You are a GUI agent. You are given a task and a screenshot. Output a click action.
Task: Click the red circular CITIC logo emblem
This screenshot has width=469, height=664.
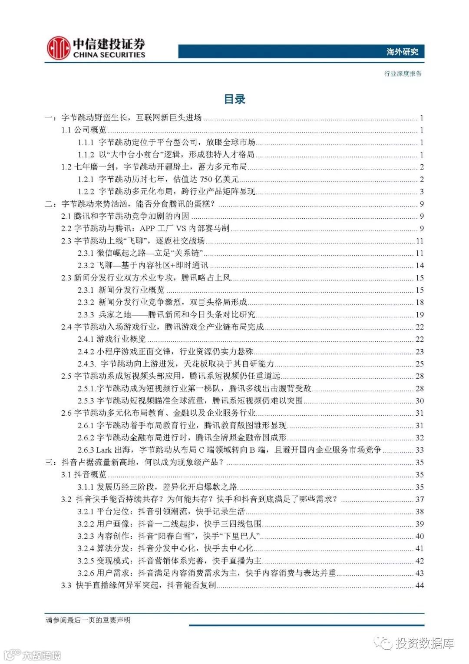point(59,48)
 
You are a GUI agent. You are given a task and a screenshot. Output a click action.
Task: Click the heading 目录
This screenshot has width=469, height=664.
point(234,99)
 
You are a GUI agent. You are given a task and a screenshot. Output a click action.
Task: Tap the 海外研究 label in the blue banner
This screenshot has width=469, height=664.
point(402,52)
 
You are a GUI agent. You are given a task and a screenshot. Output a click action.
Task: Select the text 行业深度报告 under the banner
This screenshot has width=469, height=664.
point(403,73)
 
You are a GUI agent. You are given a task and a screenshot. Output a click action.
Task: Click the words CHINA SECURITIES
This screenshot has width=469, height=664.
point(109,55)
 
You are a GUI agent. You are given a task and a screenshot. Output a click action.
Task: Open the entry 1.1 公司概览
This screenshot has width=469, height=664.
point(84,130)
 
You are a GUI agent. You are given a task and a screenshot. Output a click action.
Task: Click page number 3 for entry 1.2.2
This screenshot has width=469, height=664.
point(421,192)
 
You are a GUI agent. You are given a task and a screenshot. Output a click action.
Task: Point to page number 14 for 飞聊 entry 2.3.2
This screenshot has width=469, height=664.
point(419,265)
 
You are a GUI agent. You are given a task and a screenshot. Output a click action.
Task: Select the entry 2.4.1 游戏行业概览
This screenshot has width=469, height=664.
point(112,339)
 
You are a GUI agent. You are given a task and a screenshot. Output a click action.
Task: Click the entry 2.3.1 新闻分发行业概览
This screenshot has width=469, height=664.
point(121,290)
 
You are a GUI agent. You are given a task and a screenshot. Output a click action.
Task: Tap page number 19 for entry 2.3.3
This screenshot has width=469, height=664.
point(419,314)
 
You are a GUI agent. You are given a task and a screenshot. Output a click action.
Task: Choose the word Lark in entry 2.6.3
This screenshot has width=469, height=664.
point(104,450)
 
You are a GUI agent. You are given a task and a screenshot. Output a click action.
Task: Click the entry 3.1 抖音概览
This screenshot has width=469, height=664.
point(84,474)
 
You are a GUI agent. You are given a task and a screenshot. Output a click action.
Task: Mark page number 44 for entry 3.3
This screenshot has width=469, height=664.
point(419,585)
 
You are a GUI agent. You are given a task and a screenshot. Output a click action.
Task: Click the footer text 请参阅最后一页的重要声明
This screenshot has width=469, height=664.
point(88,620)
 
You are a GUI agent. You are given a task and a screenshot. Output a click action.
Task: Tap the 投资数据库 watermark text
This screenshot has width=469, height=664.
point(424,643)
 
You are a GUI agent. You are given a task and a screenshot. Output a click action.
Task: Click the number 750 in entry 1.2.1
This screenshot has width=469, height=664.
point(207,179)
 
